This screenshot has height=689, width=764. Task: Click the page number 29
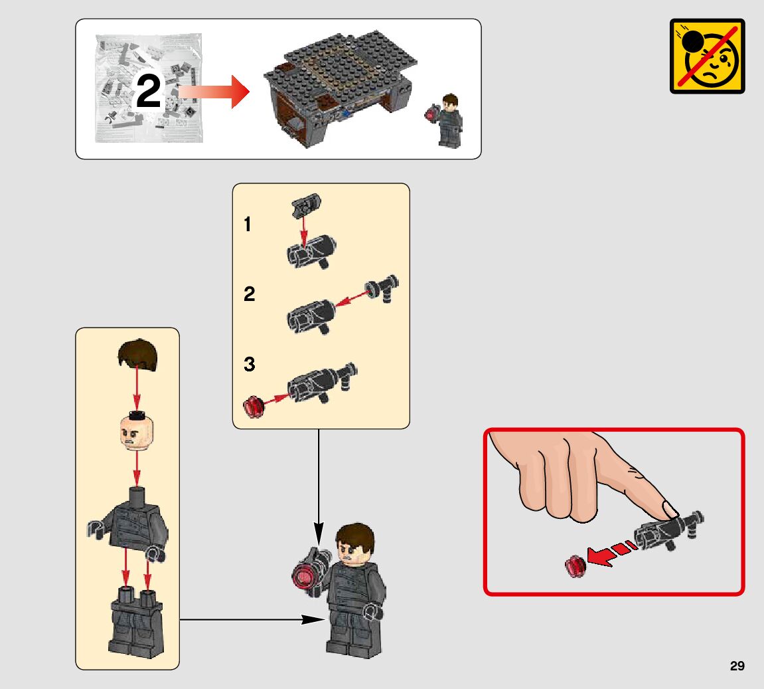click(x=737, y=666)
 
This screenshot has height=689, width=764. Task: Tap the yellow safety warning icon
click(x=707, y=56)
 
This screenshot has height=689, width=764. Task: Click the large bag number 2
click(x=148, y=90)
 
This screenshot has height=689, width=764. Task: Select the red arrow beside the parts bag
click(x=214, y=92)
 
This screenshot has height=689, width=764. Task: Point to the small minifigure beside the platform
click(x=446, y=120)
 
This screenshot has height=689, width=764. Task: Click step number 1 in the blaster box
click(x=248, y=225)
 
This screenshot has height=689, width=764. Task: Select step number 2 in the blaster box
click(x=249, y=294)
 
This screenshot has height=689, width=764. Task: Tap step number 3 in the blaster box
click(x=249, y=363)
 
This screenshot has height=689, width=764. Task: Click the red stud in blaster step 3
click(x=254, y=407)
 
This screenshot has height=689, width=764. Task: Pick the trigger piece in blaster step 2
click(x=382, y=288)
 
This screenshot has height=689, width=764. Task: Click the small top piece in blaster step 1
click(x=306, y=205)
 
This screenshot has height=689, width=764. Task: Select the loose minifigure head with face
click(x=137, y=432)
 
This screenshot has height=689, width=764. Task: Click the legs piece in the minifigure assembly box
click(x=137, y=622)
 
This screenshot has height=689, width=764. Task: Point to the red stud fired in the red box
click(x=575, y=567)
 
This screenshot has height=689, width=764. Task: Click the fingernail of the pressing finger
click(x=670, y=510)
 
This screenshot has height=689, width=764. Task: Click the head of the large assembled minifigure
click(x=355, y=544)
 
